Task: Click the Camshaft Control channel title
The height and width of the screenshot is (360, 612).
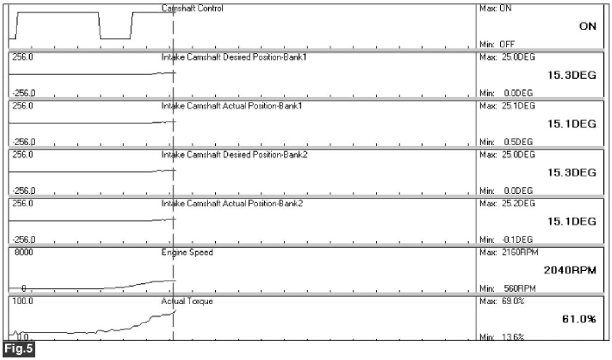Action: (192, 9)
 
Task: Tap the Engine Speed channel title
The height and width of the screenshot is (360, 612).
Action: (187, 253)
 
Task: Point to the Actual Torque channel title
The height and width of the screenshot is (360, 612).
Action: (187, 302)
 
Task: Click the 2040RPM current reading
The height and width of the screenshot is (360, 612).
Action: (569, 270)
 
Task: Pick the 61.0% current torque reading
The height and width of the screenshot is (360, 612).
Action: (578, 319)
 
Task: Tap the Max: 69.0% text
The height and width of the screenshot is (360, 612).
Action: (497, 302)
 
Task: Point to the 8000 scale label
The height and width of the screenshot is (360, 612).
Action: (22, 253)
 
